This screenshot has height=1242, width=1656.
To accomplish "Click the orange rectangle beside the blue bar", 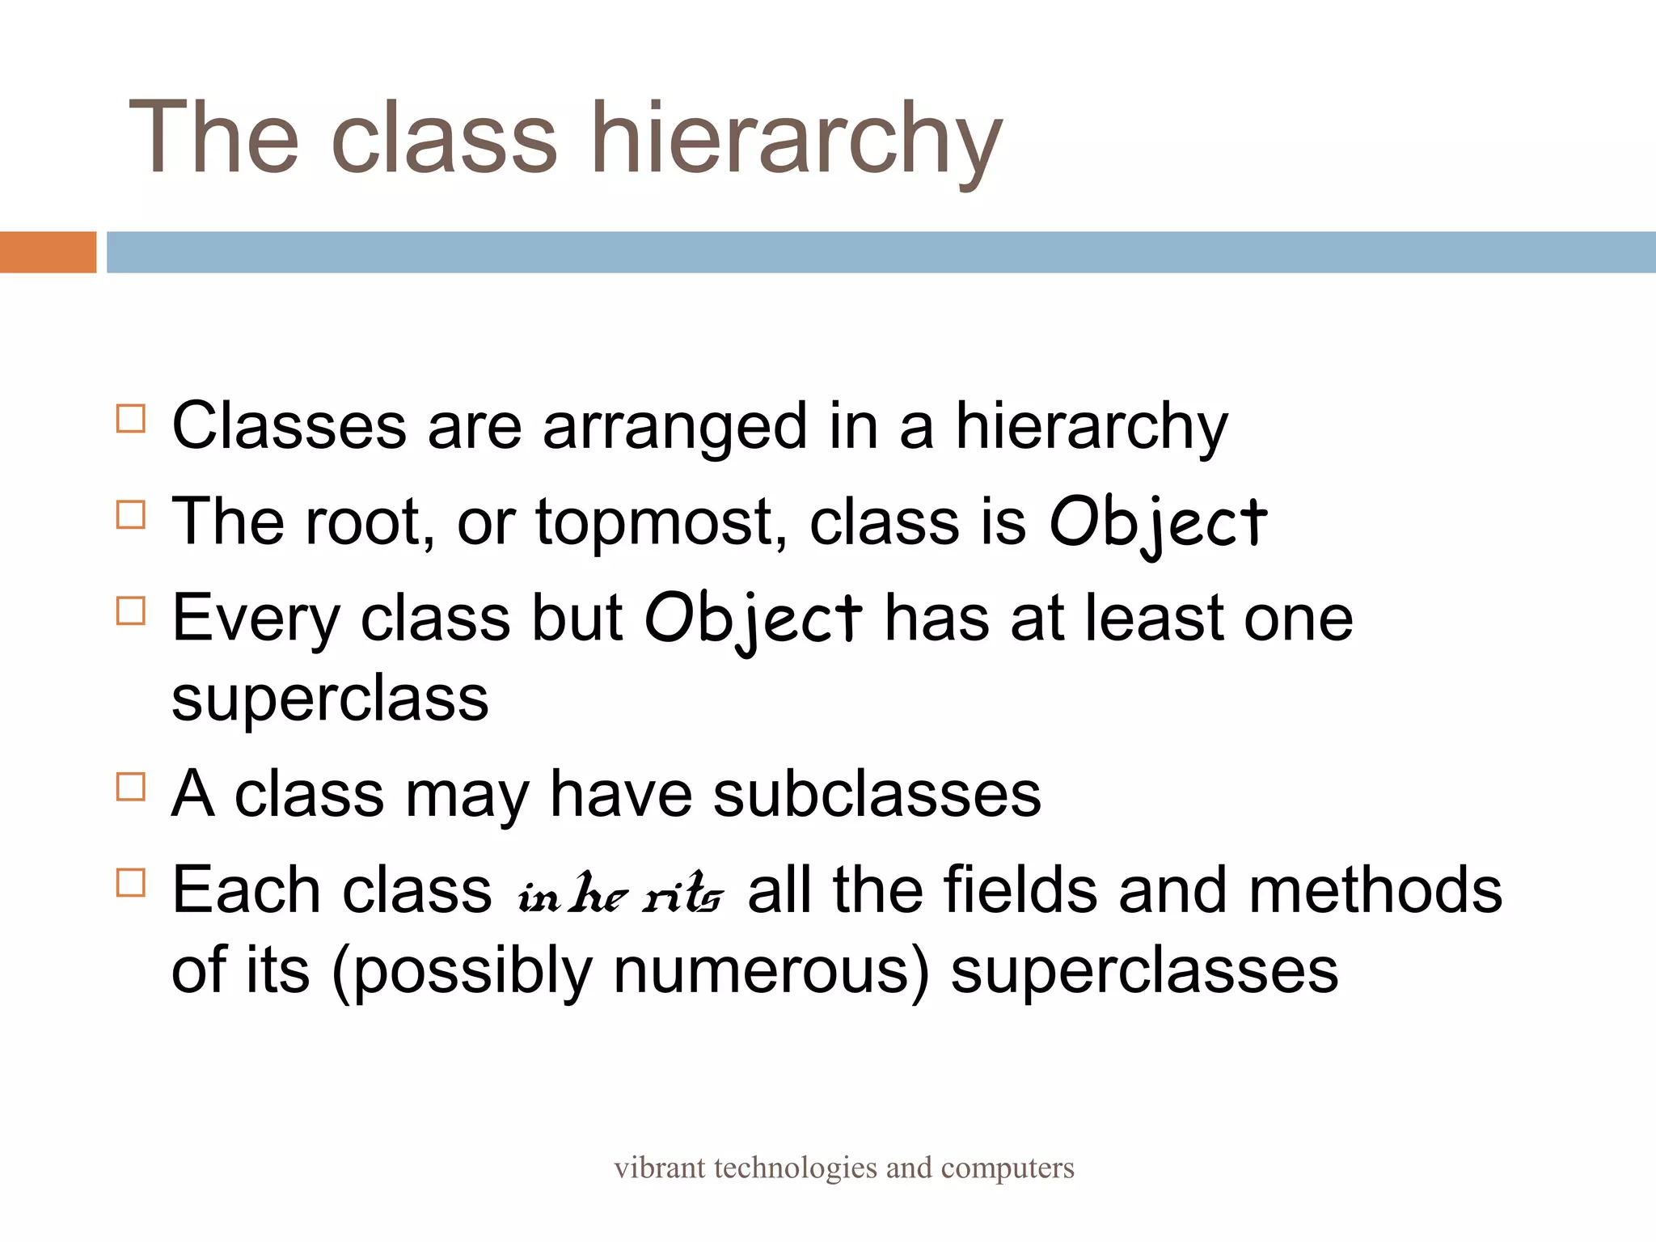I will (x=48, y=252).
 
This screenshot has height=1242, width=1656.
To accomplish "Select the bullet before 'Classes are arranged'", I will (x=131, y=419).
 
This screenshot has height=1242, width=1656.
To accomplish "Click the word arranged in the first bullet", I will (x=674, y=427).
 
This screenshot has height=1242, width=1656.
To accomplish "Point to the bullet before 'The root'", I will (x=131, y=514).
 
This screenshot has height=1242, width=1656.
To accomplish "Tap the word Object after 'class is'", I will (x=1158, y=523).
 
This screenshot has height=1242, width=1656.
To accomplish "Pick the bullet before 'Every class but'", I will (x=131, y=610).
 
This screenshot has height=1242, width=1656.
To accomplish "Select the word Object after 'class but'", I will (x=753, y=619).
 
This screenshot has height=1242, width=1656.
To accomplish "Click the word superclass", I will (x=330, y=699).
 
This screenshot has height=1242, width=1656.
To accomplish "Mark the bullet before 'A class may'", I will (x=131, y=787).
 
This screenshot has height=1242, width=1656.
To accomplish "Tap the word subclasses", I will (x=877, y=795).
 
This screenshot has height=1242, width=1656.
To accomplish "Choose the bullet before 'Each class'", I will (x=131, y=882).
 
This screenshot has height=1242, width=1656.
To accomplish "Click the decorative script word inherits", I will (x=620, y=894).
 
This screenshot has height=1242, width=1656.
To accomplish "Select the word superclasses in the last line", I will (x=1144, y=970).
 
